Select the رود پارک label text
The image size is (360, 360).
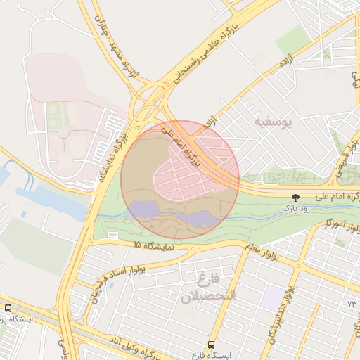coord(296,208)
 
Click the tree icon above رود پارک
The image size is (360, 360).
coord(295,198)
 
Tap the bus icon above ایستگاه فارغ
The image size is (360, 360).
coord(212,344)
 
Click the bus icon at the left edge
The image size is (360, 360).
coord(8,309)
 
